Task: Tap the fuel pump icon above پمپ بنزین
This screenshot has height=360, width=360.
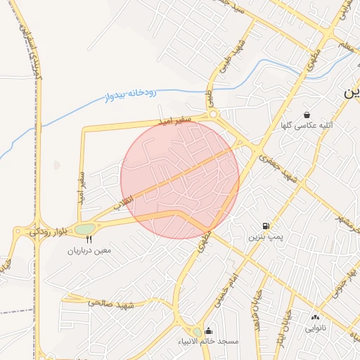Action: click(265, 226)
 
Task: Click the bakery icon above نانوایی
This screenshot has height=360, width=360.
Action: click(314, 317)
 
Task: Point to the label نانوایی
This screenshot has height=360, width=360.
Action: click(314, 328)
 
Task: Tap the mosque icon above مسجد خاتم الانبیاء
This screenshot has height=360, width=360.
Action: click(208, 330)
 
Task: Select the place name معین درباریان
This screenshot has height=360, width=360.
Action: click(89, 250)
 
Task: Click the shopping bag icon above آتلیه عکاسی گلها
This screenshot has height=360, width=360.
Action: click(307, 115)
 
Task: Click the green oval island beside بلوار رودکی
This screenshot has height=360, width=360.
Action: click(84, 229)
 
